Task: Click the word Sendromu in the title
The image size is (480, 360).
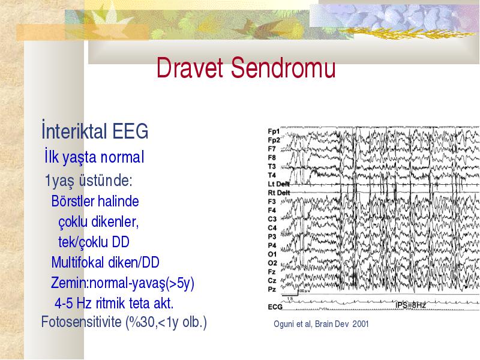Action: click(x=283, y=67)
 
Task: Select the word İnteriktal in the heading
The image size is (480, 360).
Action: click(x=74, y=130)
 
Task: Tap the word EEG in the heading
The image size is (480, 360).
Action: click(x=130, y=131)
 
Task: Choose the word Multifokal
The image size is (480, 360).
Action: click(x=77, y=262)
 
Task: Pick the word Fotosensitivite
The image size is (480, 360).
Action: click(x=82, y=322)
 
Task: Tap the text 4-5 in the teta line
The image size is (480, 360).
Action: click(x=64, y=304)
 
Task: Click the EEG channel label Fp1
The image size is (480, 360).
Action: click(x=274, y=131)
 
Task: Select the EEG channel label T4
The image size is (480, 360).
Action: click(x=272, y=175)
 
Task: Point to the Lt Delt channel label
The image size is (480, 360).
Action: click(x=278, y=184)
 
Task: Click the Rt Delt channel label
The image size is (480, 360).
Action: click(x=278, y=193)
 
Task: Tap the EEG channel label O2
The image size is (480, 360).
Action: click(x=272, y=263)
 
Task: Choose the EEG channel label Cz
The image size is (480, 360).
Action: click(x=272, y=280)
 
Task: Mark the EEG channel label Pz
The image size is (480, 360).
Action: click(x=272, y=289)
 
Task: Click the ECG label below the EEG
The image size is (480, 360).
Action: click(x=275, y=307)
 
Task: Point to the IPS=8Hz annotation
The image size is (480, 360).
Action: click(x=410, y=305)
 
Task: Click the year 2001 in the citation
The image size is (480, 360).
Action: click(x=361, y=324)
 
